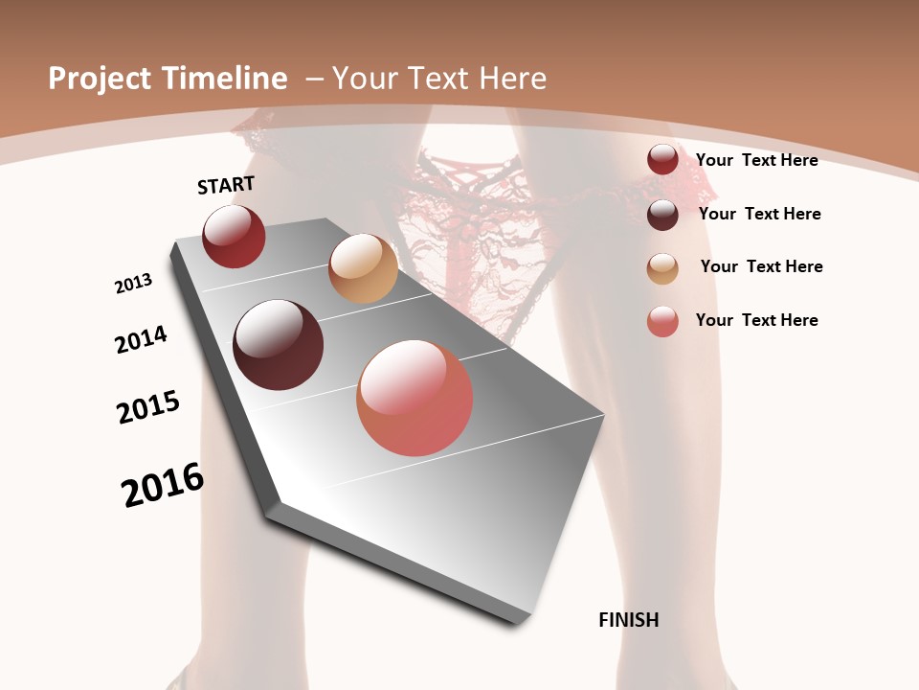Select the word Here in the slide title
pos(513,79)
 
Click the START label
pos(226,185)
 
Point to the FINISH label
pos(629,620)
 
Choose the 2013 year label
pos(133,284)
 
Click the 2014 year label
pos(141,339)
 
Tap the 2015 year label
pos(148,407)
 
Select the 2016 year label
pos(163,485)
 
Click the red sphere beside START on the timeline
pos(234,236)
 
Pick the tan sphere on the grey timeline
pos(363,268)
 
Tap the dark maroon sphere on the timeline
pos(279,345)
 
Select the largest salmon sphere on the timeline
pos(415,398)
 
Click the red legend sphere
pos(662,160)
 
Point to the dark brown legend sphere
pos(662,215)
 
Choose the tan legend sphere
pos(662,268)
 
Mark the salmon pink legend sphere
pos(662,321)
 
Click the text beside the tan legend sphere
pos(761,266)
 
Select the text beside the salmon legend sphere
pos(756,320)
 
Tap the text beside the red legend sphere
pos(756,160)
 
